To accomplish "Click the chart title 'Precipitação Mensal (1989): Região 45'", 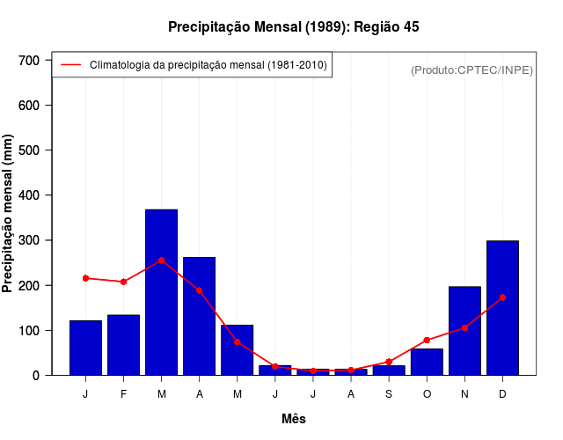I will click(293, 27).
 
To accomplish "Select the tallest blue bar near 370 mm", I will click(161, 292).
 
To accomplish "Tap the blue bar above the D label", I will click(502, 308).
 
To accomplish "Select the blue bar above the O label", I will click(427, 362).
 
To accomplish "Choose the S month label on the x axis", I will click(389, 394).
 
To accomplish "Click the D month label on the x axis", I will click(502, 394).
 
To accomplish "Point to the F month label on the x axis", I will click(123, 394).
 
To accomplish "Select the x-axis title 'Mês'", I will click(293, 419).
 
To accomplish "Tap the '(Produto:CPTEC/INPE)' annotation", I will click(472, 70).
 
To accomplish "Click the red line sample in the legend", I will click(70, 64).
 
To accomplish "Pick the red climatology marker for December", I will click(502, 297).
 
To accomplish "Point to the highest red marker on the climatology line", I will click(161, 260).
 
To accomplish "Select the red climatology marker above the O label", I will click(427, 340).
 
